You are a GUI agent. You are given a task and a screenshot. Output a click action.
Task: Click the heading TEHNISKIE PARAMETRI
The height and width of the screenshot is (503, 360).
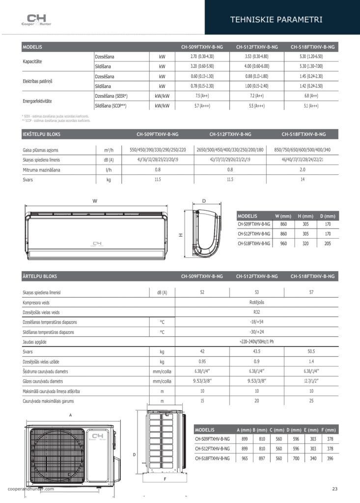[276, 20]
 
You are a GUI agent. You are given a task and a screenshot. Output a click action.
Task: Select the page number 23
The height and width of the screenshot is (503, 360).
[334, 488]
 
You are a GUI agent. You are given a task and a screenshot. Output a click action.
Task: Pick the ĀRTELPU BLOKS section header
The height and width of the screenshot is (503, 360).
[40, 277]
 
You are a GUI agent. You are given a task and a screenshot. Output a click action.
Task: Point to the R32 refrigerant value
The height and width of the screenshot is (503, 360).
[256, 312]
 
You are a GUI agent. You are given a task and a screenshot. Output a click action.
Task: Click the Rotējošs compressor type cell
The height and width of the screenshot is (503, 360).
[256, 302]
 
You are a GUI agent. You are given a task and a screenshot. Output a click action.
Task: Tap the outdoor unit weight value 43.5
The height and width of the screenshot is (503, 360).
[256, 352]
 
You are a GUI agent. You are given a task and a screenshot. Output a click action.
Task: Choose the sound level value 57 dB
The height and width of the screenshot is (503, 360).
[311, 292]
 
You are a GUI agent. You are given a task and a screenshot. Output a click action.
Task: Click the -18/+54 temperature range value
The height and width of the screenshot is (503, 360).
[256, 322]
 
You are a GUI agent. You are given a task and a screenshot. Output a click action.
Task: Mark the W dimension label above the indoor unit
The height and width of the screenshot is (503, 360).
[94, 201]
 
